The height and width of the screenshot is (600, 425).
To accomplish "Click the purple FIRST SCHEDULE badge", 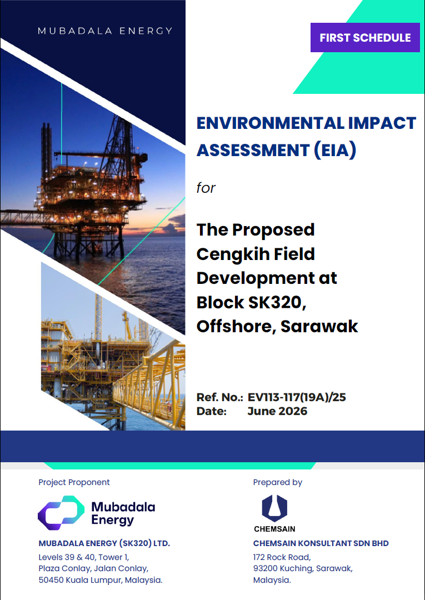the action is [365, 38].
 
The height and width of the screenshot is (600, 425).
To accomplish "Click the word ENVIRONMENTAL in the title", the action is [270, 123].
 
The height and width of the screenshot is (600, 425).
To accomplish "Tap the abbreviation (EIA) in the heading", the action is [335, 149].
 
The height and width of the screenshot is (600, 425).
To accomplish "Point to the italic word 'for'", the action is [206, 188].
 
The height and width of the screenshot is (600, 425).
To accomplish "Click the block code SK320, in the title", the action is [277, 302].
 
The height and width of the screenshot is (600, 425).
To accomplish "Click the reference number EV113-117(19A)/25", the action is [297, 397].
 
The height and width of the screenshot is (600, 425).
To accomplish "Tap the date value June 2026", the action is [277, 411].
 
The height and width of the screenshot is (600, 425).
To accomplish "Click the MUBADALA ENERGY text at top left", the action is [105, 31].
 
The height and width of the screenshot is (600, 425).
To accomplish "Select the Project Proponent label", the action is [74, 482].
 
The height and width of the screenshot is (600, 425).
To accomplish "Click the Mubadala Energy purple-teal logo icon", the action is [61, 513].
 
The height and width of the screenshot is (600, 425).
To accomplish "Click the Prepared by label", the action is [277, 483].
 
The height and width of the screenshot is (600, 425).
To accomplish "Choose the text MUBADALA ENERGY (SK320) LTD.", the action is [104, 543].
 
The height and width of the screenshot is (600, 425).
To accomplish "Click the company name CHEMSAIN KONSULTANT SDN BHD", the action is [321, 543].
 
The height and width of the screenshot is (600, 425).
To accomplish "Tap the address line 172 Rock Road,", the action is [282, 557].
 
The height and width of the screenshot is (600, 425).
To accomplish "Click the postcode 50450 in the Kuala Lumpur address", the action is [51, 580].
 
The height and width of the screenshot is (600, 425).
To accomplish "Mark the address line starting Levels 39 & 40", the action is [83, 557].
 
